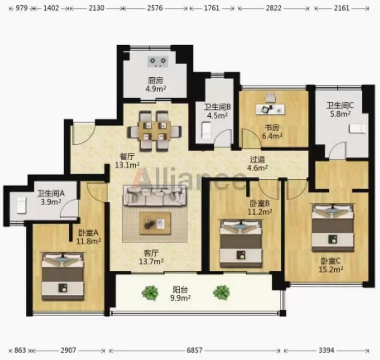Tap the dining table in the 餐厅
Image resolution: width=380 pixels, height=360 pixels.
click(x=154, y=131)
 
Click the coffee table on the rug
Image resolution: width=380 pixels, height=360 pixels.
click(x=155, y=223)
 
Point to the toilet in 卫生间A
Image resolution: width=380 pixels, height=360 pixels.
click(x=21, y=205)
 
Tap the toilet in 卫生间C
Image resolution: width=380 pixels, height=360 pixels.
click(x=357, y=128)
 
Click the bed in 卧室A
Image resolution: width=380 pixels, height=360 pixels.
click(x=63, y=276)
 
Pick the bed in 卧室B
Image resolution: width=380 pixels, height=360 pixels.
click(x=241, y=243)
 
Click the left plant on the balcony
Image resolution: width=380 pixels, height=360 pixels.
click(x=150, y=293)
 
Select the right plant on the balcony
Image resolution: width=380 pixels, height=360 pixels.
click(x=221, y=292)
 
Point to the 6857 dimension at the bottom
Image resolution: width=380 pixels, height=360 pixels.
click(x=194, y=350)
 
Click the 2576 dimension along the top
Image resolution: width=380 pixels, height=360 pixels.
click(x=155, y=8)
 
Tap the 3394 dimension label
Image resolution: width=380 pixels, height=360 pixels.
click(x=326, y=350)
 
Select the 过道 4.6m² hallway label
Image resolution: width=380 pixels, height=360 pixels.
click(x=257, y=163)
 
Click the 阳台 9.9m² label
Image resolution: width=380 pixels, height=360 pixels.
click(x=180, y=294)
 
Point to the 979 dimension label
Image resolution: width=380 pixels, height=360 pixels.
click(x=21, y=8)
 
